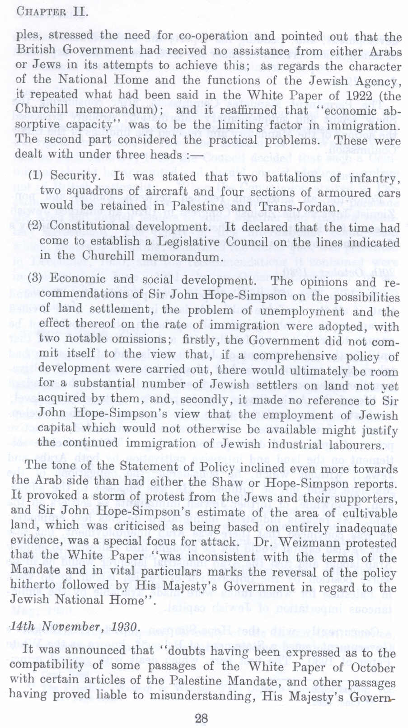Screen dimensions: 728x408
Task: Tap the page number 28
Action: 201,718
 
